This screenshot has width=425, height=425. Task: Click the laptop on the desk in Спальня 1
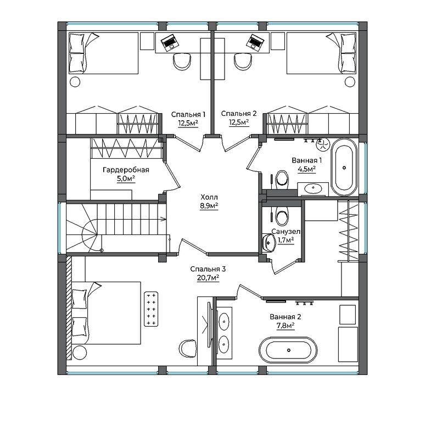170,42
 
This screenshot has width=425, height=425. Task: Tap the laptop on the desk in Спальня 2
255,42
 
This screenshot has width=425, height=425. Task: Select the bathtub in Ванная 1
344,167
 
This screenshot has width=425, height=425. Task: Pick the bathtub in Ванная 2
288,350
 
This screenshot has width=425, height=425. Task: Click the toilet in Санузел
282,215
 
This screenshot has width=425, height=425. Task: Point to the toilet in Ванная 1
282,179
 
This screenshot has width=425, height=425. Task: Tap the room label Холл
209,197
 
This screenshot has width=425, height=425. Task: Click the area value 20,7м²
208,278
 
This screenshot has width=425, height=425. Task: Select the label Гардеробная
126,170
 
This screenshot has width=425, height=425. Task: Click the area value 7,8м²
286,326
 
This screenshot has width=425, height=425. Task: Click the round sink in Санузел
269,243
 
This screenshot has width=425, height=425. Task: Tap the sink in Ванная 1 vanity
314,188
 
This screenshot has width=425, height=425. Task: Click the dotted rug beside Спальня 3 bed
150,309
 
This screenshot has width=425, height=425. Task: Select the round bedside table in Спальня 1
75,82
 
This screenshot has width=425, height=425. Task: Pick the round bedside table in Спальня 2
350,82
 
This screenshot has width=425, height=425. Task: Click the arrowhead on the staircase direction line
165,219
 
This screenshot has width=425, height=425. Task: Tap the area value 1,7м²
286,240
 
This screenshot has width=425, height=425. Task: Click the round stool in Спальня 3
80,353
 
